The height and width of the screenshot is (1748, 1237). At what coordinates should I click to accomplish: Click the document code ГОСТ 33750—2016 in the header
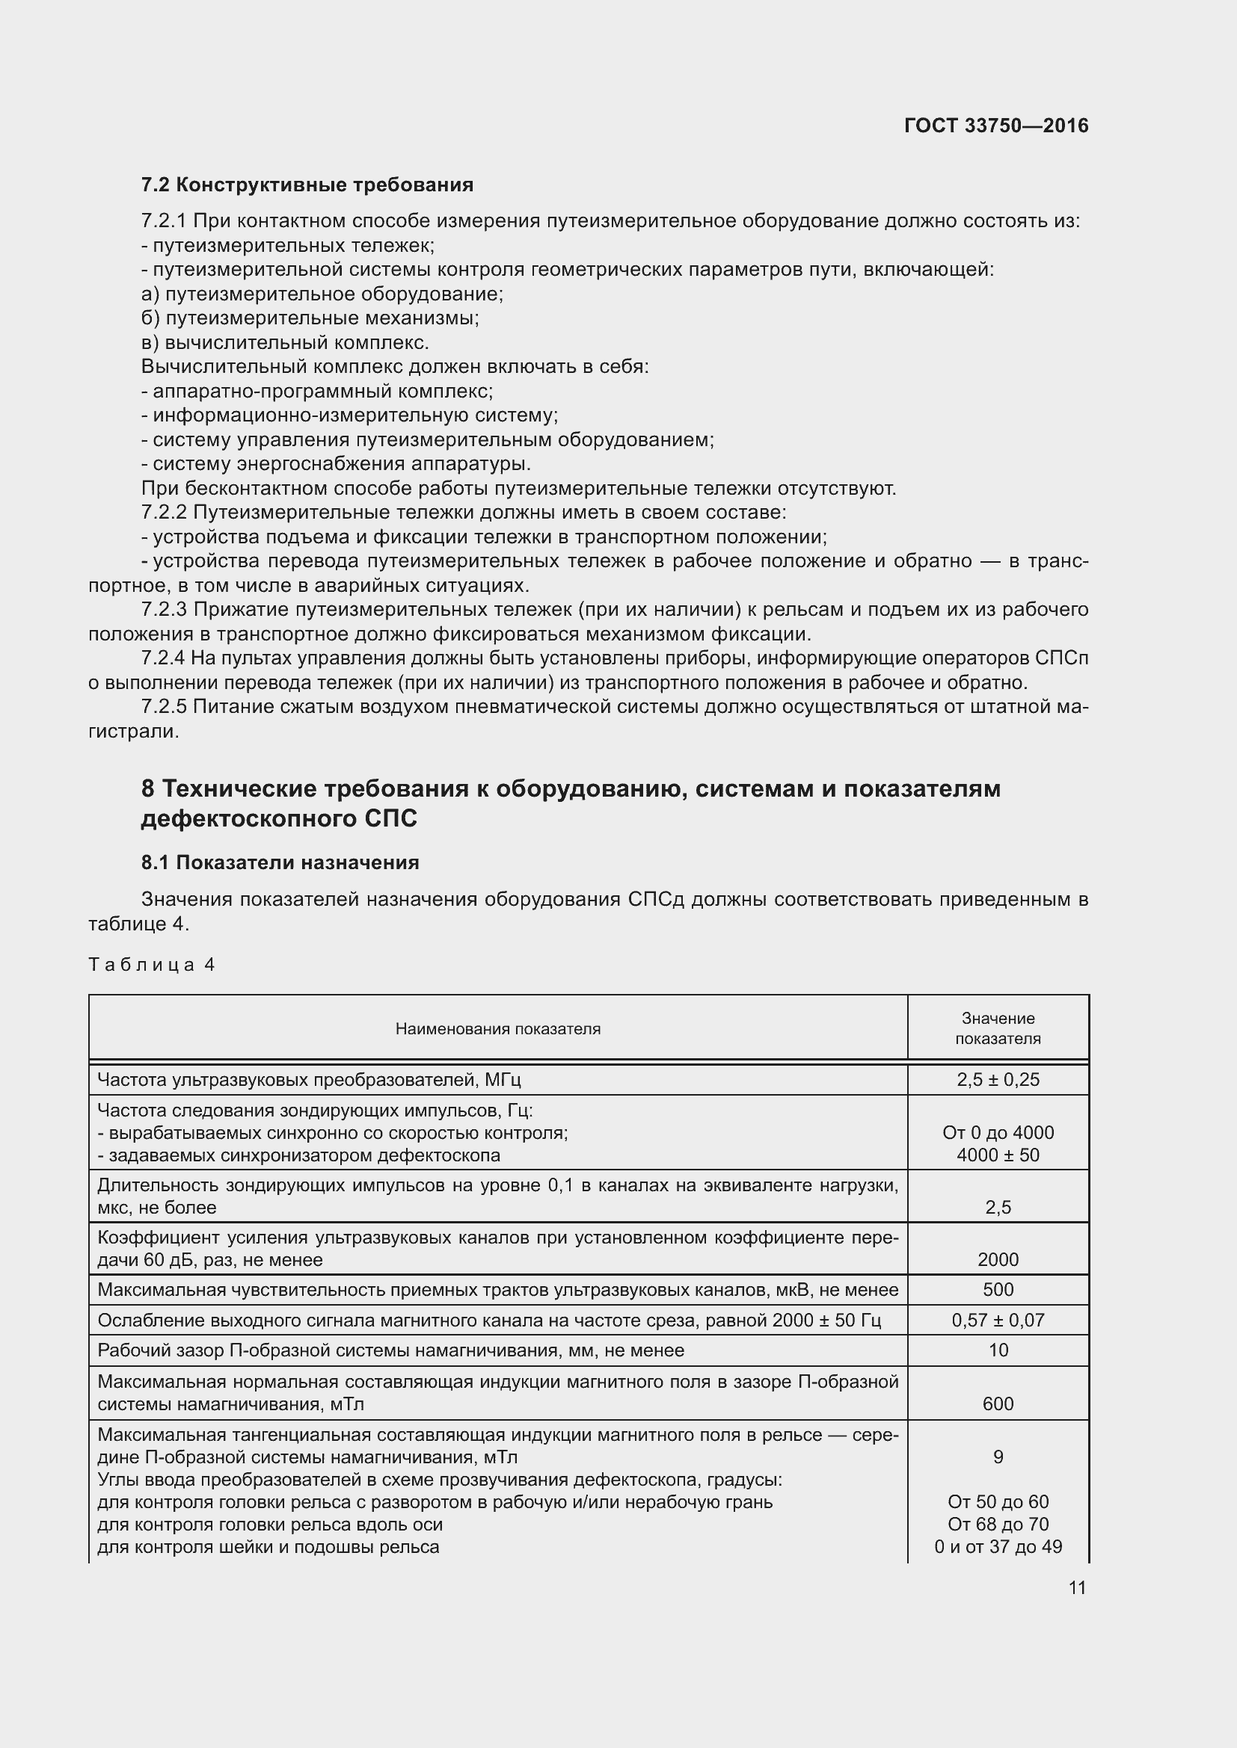click(995, 126)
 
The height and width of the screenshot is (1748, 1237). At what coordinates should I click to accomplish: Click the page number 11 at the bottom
click(1077, 1587)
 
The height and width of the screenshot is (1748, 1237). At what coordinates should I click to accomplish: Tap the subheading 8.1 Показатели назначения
click(280, 862)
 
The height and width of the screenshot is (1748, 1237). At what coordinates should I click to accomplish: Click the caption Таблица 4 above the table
click(152, 966)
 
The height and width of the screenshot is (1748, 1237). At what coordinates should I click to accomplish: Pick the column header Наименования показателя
click(497, 1029)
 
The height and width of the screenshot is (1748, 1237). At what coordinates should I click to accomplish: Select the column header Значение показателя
click(998, 1028)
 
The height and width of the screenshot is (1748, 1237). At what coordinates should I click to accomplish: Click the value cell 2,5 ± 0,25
click(998, 1080)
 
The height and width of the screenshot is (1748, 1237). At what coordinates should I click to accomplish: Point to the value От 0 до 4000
click(998, 1133)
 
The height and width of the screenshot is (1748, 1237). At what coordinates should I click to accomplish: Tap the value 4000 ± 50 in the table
click(998, 1155)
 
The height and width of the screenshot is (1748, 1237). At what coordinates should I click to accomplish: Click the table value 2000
click(998, 1259)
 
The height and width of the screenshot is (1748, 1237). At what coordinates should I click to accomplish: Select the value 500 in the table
click(998, 1290)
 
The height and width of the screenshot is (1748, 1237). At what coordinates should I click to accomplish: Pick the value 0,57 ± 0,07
click(998, 1320)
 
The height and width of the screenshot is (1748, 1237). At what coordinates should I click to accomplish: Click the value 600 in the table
click(998, 1404)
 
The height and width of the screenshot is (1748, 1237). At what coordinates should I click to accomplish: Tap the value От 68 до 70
click(998, 1524)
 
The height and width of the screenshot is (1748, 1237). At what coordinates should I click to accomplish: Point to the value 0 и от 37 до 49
click(998, 1546)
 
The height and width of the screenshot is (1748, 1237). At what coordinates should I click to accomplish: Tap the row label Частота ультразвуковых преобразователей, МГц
click(310, 1080)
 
